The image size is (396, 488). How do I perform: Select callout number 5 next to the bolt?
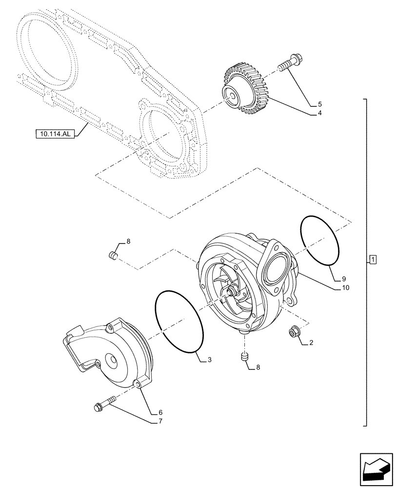(x=320, y=104)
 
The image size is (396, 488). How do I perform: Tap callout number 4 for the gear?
(x=319, y=113)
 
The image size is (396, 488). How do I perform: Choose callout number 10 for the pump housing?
(x=345, y=288)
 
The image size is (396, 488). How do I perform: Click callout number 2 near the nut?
(x=310, y=344)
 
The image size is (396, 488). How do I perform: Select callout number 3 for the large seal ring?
(x=209, y=360)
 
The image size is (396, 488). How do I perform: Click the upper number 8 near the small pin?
(x=128, y=241)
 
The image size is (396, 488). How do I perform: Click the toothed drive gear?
(x=243, y=90)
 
